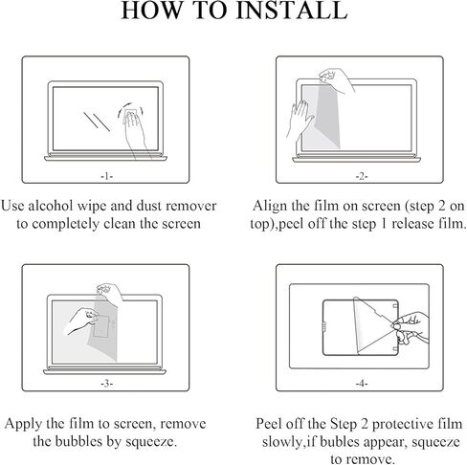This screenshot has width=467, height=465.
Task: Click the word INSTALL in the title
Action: (x=291, y=11)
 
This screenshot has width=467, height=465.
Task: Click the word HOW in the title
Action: (x=151, y=11)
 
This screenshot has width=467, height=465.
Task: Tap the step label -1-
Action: (x=107, y=176)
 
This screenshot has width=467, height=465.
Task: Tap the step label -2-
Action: (x=362, y=176)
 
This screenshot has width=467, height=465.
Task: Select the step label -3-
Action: (x=107, y=384)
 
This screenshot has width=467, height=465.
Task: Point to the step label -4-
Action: (x=362, y=384)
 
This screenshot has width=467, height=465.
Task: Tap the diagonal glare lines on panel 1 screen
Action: (x=97, y=122)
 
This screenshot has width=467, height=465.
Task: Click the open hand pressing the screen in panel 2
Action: (x=300, y=119)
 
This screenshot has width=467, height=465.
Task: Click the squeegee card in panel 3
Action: (x=102, y=325)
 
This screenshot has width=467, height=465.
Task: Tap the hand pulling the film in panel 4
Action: (x=411, y=328)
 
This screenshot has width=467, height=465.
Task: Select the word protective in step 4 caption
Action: (x=403, y=425)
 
